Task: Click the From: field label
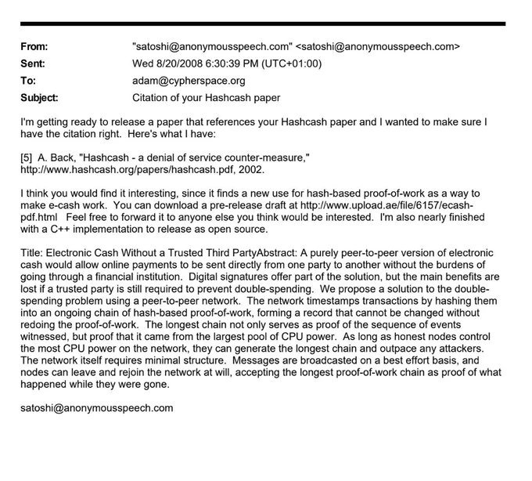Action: coord(35,46)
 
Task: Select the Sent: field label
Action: coord(34,63)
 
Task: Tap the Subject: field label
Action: coord(41,99)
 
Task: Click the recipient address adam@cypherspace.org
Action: coord(191,81)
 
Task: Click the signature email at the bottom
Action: coord(97,408)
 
